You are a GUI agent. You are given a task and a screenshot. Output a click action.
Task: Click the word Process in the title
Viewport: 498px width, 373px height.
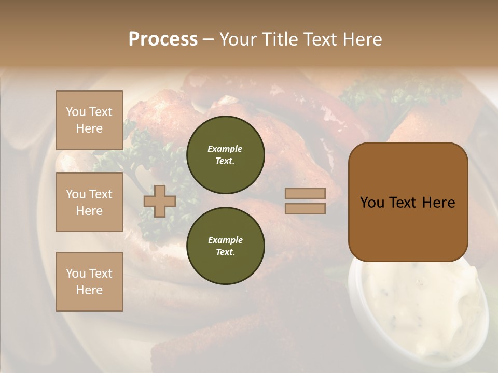tap(163, 39)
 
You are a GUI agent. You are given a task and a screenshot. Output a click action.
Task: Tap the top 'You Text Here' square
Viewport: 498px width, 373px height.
tap(89, 120)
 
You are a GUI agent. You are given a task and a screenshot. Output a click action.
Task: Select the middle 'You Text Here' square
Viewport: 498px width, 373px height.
tap(89, 202)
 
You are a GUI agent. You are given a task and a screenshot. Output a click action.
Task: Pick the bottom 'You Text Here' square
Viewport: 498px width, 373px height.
tap(89, 282)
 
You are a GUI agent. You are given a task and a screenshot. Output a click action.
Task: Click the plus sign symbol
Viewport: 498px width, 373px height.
tap(160, 202)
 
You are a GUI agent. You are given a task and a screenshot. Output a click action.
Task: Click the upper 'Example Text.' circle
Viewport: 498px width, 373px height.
tap(225, 155)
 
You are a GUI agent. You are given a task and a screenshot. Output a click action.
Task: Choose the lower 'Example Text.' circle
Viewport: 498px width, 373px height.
tap(225, 246)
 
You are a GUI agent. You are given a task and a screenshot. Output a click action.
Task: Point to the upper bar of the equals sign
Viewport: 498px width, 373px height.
tap(305, 194)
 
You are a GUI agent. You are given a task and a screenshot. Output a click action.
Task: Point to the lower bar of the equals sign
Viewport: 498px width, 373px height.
tap(305, 209)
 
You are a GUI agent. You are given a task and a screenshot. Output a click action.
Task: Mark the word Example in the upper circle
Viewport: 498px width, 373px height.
tap(225, 149)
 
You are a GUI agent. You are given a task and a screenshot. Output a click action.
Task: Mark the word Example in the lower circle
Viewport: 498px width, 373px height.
tap(225, 240)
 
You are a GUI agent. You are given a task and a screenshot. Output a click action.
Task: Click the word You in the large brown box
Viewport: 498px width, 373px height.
tap(371, 203)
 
